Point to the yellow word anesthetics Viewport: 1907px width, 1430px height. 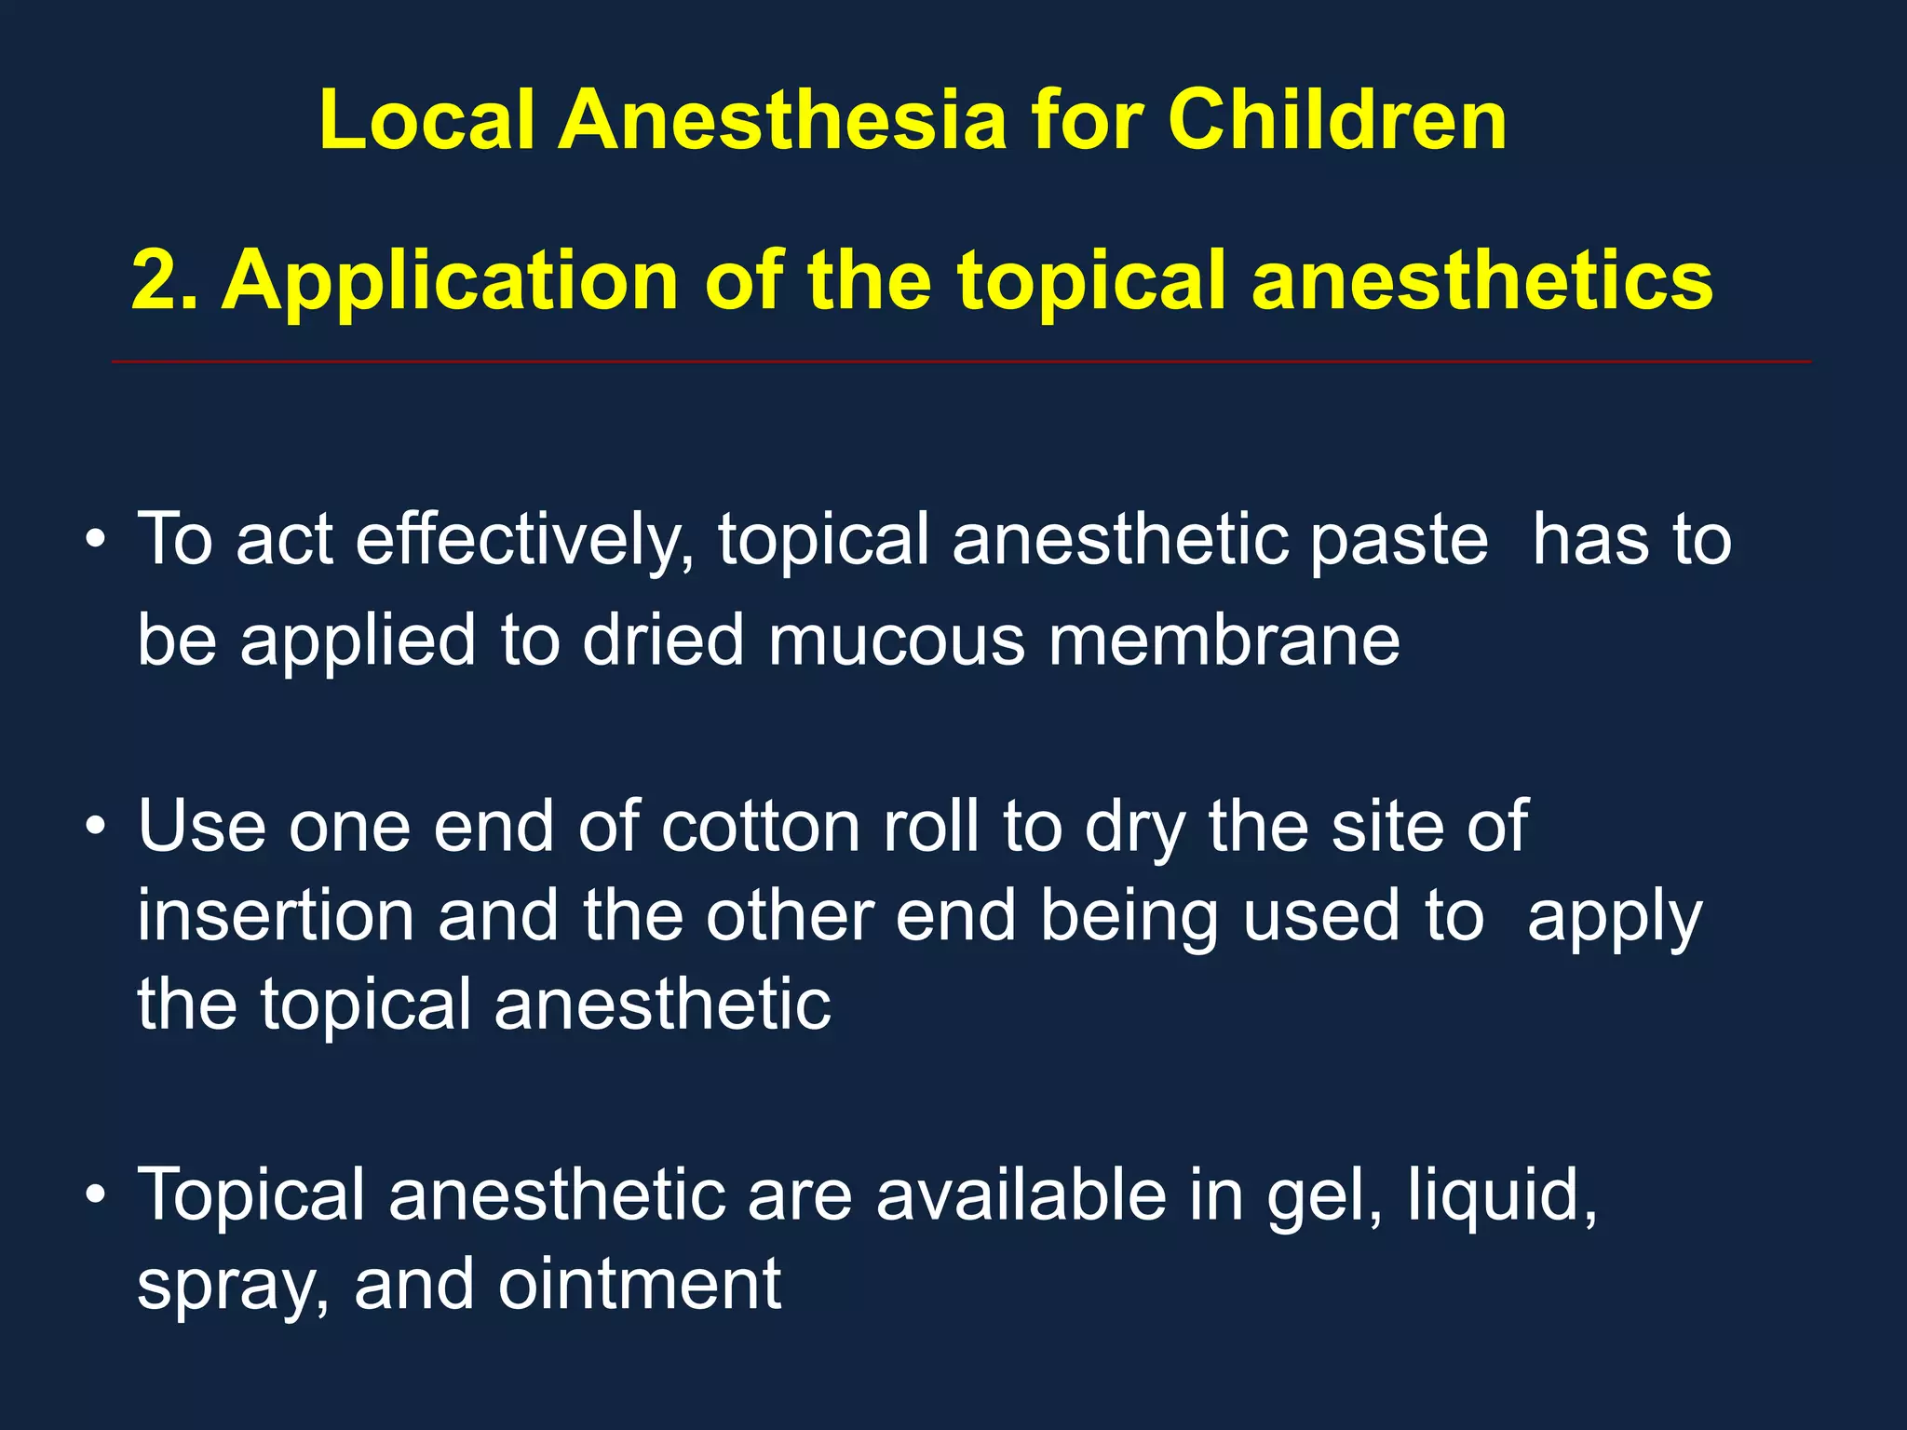point(1481,280)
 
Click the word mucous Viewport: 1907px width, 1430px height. point(896,641)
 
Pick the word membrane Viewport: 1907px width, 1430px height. point(1224,641)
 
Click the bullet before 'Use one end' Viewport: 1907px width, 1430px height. point(95,826)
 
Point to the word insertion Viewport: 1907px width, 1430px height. point(276,916)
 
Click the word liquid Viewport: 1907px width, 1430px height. point(1500,1196)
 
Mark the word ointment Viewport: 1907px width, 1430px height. point(640,1285)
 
